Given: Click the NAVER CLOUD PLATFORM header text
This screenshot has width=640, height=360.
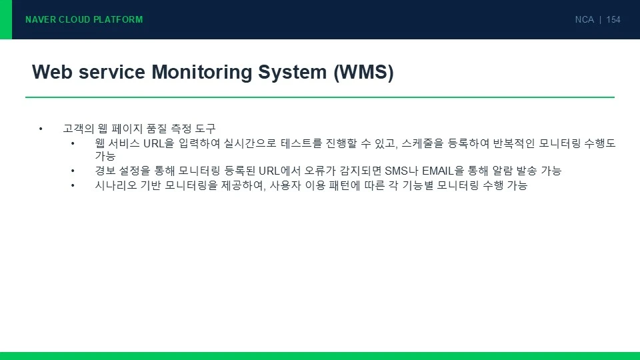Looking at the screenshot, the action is click(x=84, y=19).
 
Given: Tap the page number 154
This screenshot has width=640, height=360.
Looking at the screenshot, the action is click(x=613, y=19).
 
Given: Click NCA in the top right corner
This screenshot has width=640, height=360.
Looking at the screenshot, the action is click(x=584, y=19).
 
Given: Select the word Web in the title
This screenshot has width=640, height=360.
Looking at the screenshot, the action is click(x=52, y=72).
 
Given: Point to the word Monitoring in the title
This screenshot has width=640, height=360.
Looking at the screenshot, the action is click(x=201, y=72).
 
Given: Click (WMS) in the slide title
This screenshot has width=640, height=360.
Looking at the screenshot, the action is click(x=364, y=73).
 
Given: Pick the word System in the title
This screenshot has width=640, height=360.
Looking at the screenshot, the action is click(x=293, y=72).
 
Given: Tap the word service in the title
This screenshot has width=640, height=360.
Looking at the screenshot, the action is click(x=112, y=72).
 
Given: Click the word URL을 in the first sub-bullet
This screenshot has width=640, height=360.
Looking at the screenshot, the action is click(x=159, y=143).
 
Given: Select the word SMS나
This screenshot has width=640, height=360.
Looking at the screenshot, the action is click(x=401, y=171).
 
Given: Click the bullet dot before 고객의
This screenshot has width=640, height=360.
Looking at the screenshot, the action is click(x=41, y=129).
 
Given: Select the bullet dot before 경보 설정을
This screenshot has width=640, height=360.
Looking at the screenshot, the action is click(x=73, y=171).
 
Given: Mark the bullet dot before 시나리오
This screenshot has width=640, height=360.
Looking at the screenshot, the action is click(x=73, y=186).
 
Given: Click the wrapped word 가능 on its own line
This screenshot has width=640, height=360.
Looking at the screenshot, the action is click(x=105, y=156).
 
